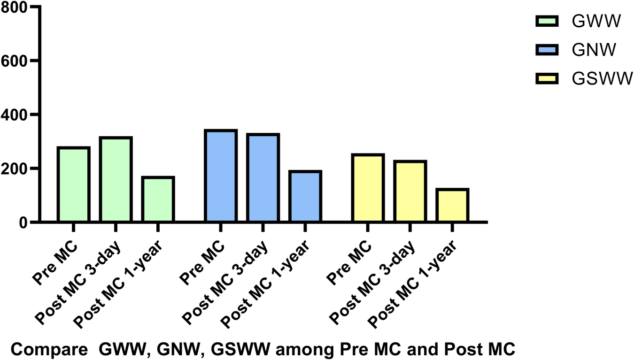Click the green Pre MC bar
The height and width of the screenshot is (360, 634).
coord(73,184)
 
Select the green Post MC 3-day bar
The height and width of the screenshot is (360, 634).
coord(116,179)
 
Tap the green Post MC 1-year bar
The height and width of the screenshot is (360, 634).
coord(158,199)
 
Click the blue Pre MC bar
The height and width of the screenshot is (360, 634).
coord(220,176)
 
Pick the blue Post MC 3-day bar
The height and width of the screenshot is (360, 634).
coord(263,178)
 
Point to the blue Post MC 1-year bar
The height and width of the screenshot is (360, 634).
coord(305,196)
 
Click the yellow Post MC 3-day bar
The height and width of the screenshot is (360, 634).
coord(410,191)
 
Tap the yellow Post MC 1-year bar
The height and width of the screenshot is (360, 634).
coord(452,205)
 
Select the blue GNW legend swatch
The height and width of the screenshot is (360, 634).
coord(547,50)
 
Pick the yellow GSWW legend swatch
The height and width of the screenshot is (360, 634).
coord(547,78)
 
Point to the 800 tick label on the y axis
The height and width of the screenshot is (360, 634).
coord(16,8)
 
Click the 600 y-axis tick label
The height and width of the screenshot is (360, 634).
coord(16,61)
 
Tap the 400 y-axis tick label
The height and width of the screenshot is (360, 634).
coord(16,115)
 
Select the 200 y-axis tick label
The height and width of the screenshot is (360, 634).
coord(16,169)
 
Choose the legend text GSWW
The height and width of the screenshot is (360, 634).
coord(603,79)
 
